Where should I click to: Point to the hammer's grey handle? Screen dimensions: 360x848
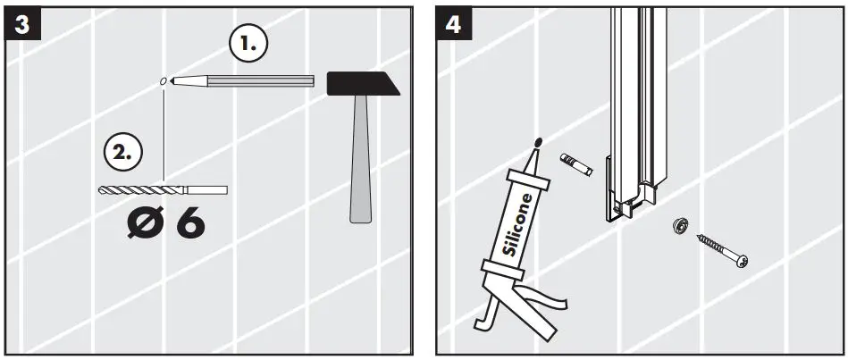[360, 161]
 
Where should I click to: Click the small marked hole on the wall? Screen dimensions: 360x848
[163, 81]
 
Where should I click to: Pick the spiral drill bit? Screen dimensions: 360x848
[143, 189]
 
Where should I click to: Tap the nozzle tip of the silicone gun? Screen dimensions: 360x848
[538, 142]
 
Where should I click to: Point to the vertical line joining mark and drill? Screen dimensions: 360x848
[164, 134]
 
